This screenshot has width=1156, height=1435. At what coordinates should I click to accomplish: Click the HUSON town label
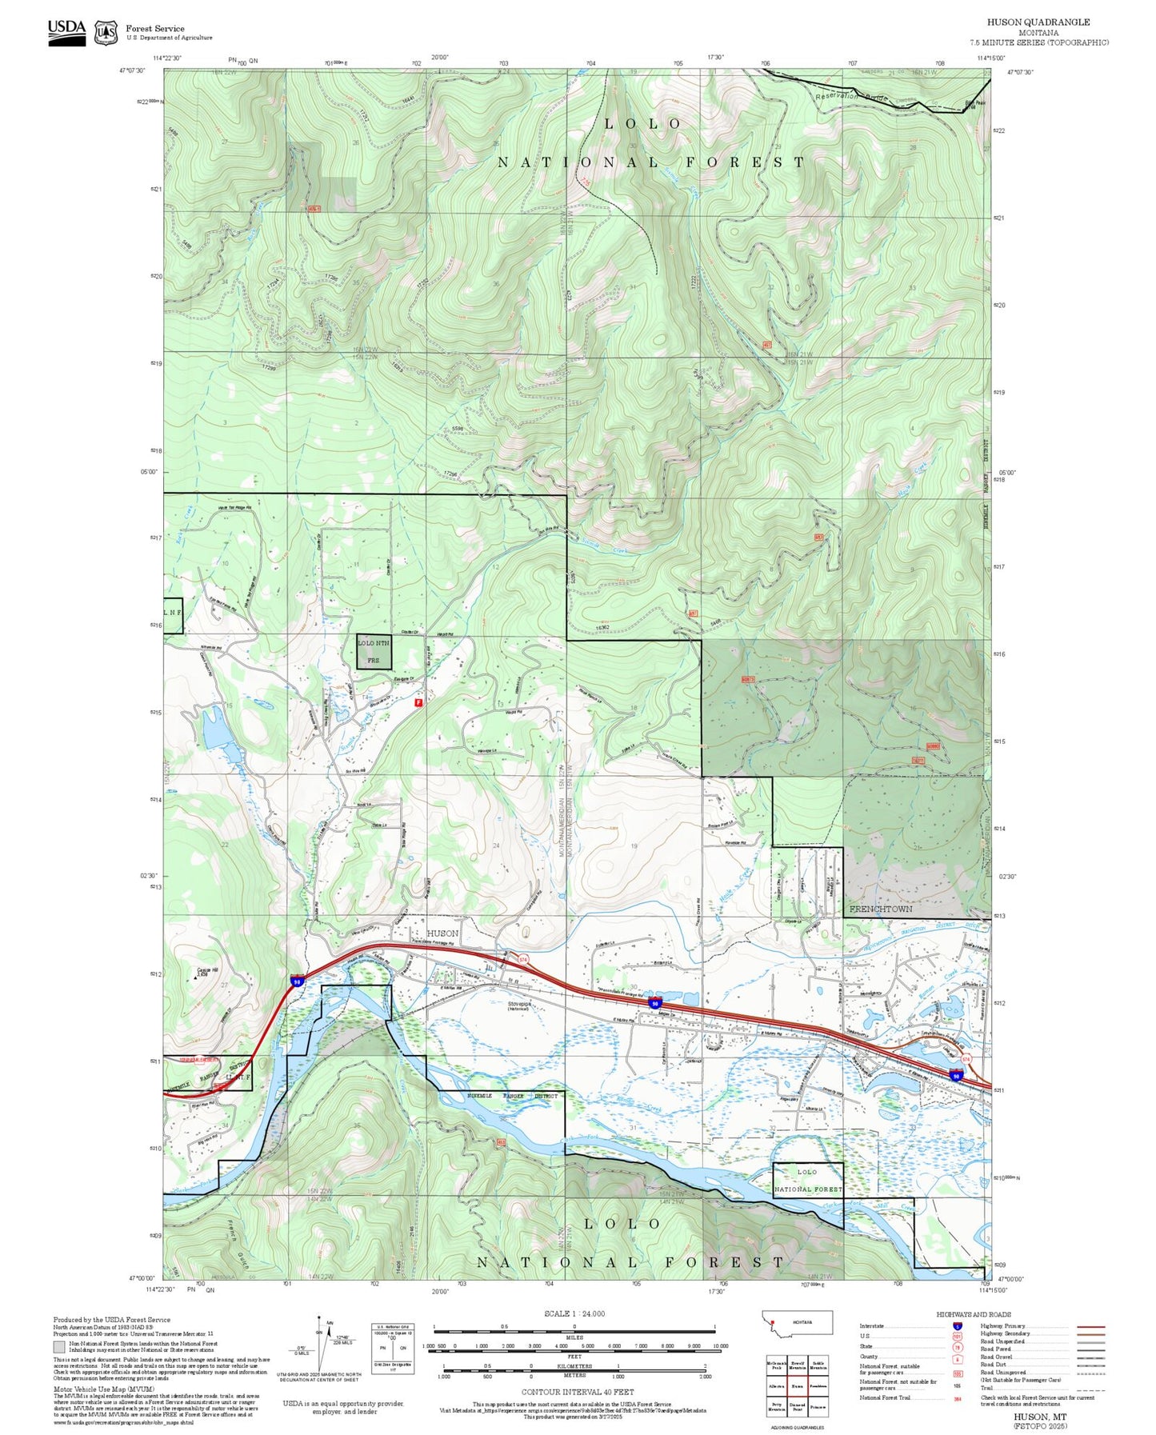pyautogui.click(x=442, y=933)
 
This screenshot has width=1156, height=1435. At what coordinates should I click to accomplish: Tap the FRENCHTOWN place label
pyautogui.click(x=880, y=909)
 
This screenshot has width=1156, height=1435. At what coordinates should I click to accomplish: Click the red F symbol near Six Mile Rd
pyautogui.click(x=418, y=702)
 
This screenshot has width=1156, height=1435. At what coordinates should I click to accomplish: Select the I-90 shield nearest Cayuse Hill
pyautogui.click(x=296, y=981)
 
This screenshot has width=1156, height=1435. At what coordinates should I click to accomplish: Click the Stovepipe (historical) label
pyautogui.click(x=518, y=1005)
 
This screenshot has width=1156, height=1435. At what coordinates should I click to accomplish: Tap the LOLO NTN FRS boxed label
pyautogui.click(x=374, y=651)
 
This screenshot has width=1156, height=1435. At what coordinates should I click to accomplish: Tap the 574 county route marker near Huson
pyautogui.click(x=523, y=958)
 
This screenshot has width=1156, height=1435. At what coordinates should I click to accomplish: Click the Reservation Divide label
pyautogui.click(x=852, y=97)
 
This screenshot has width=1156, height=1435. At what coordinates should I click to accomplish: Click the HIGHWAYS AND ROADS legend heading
pyautogui.click(x=973, y=1314)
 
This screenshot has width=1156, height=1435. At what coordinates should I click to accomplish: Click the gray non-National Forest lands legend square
pyautogui.click(x=59, y=1347)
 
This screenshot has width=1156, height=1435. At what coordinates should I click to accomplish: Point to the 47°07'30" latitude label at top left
pyautogui.click(x=133, y=70)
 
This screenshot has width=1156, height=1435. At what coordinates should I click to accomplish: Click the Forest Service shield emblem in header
pyautogui.click(x=106, y=33)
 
